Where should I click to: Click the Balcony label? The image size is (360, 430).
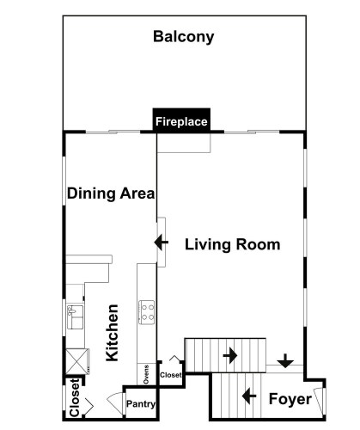[x=184, y=37]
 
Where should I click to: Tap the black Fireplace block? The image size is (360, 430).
[x=181, y=120]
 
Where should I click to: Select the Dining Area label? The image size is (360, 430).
[x=111, y=193]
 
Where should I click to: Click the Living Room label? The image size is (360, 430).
[x=233, y=244]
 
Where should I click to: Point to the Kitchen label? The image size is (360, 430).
[x=112, y=333]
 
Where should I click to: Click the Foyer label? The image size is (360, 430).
[x=290, y=399]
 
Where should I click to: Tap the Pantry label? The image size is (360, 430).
[x=141, y=404]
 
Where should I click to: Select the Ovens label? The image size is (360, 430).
[x=146, y=374]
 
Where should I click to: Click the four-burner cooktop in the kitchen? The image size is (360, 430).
[x=147, y=312]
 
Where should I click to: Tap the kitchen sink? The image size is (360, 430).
[x=76, y=316]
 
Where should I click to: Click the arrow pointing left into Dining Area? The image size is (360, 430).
[x=161, y=243]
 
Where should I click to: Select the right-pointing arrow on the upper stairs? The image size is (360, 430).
[x=230, y=356]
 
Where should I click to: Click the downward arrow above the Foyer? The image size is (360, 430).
[x=285, y=361]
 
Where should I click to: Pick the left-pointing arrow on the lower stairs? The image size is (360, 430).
[x=249, y=396]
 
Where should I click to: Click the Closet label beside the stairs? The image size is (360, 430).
[x=171, y=375]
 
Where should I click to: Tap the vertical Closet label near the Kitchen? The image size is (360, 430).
[x=74, y=397]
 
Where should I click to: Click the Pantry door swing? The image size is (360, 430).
[x=115, y=401]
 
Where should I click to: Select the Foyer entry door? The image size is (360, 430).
[x=319, y=400]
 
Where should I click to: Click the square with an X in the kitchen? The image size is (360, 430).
[x=76, y=361]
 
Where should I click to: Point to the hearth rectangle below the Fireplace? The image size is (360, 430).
[x=184, y=143]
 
